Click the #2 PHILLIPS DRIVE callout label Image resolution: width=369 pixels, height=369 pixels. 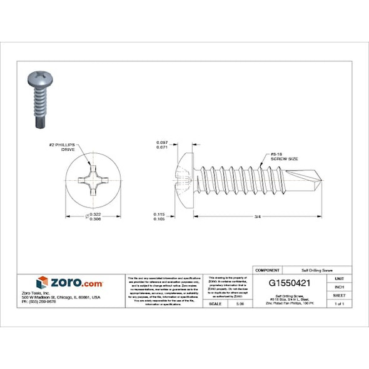coord(64,148)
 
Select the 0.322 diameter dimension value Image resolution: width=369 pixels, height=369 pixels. coord(96,214)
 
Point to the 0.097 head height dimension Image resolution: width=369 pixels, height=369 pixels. coord(162,143)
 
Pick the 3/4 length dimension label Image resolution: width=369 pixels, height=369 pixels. coord(258,217)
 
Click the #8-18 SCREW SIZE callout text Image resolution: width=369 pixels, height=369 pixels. coord(283,156)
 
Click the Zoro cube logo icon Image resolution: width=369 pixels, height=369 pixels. coord(43,283)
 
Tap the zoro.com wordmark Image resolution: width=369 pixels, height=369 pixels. coord(76,283)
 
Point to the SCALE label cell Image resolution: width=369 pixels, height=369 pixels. coord(215,304)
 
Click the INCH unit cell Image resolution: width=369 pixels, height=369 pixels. coord(340,286)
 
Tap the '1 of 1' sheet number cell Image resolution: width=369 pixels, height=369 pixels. coord(340,304)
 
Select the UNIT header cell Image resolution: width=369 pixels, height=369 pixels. coord(340,278)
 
